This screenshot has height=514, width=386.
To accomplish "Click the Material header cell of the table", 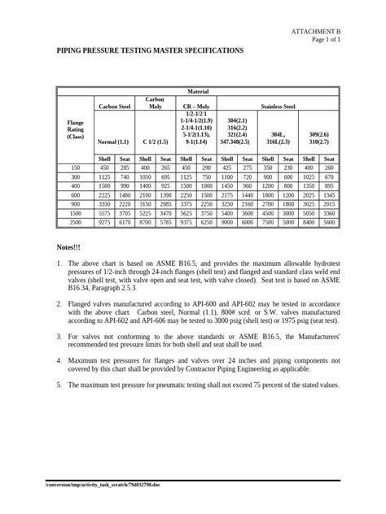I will [x=197, y=92].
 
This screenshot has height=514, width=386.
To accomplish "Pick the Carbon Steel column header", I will [x=114, y=107].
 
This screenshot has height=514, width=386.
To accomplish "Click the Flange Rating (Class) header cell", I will [x=75, y=128].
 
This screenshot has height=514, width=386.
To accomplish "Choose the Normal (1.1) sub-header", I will [x=114, y=142].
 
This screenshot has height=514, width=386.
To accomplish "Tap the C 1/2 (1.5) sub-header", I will [x=155, y=142].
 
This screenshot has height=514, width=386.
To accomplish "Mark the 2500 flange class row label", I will [x=75, y=222].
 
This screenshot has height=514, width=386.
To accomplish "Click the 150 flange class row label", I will [x=75, y=168].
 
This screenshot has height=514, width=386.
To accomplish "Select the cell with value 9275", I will [x=104, y=222].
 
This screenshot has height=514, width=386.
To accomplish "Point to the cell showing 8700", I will [x=145, y=222].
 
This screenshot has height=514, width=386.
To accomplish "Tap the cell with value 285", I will [x=125, y=168].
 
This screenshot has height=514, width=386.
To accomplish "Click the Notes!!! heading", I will [x=69, y=246].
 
